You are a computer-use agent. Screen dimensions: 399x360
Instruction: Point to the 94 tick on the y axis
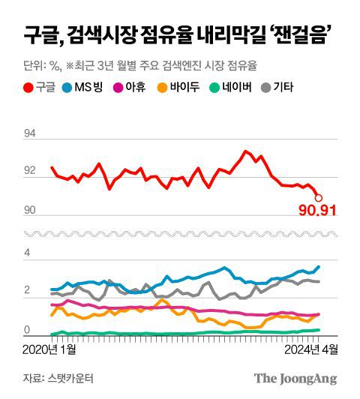coord(30,133)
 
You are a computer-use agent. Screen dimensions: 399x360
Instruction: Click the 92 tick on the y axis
coord(30,172)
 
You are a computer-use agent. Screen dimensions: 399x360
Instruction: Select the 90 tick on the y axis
coord(30,210)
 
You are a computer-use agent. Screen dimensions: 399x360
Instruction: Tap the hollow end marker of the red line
coord(319,198)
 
